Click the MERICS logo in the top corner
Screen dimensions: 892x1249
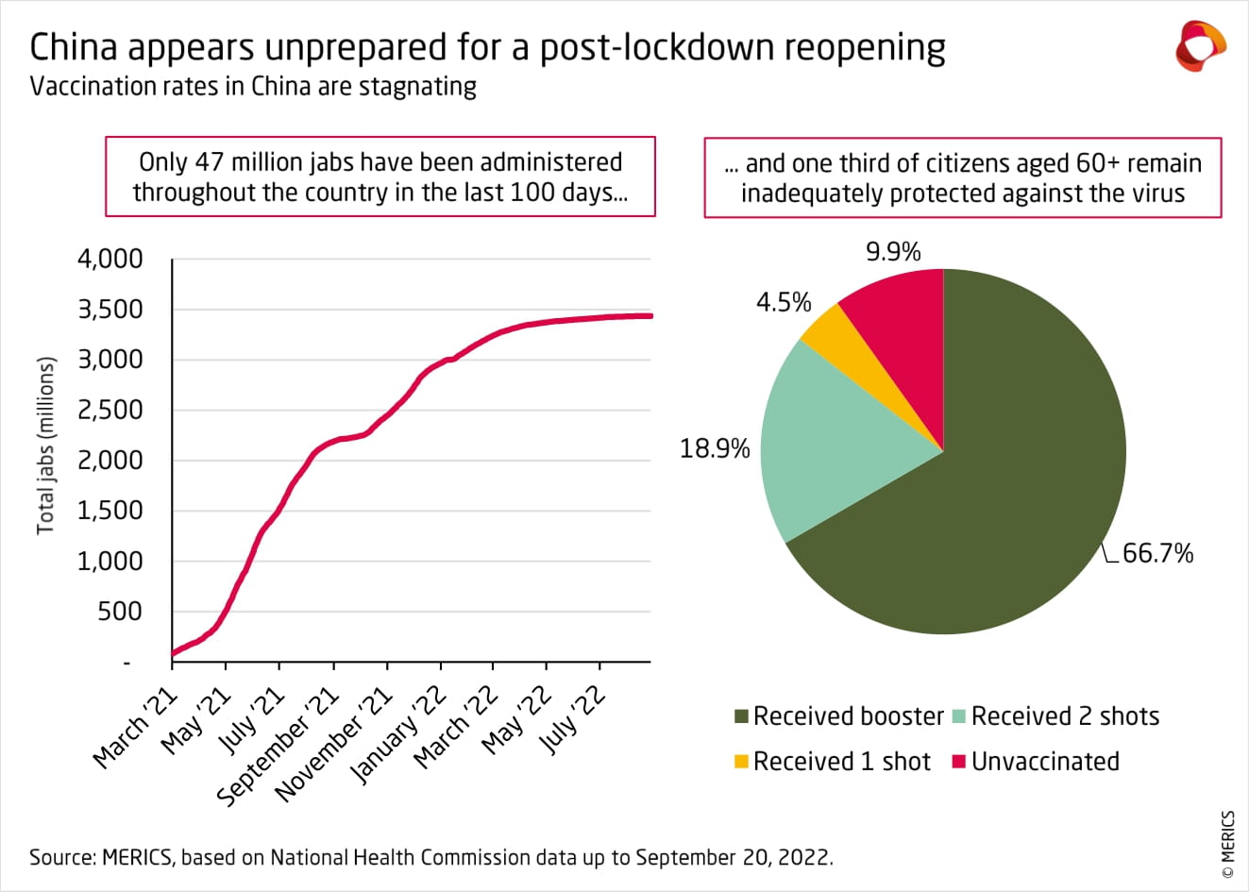click(x=1200, y=45)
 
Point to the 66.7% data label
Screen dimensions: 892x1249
click(x=1157, y=553)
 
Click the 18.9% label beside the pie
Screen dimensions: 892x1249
click(x=715, y=448)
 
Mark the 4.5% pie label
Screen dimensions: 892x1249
click(x=784, y=302)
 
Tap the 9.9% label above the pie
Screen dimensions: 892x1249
click(x=893, y=252)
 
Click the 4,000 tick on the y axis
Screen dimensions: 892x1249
click(x=110, y=259)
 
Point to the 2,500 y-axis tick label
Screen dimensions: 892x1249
click(x=110, y=410)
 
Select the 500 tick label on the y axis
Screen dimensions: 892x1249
click(x=120, y=612)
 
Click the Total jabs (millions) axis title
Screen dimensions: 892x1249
click(x=46, y=446)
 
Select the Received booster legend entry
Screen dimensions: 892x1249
click(x=838, y=716)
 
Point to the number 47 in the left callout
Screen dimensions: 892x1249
click(x=210, y=162)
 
